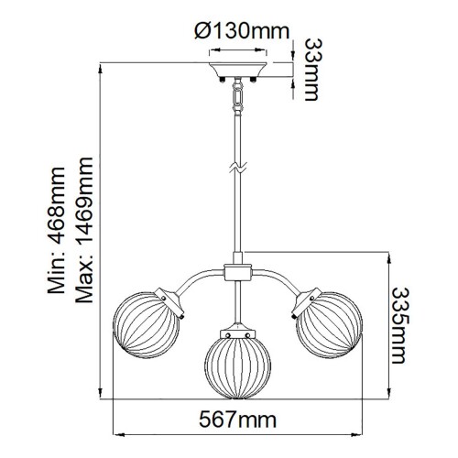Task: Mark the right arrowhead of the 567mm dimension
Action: coord(365,435)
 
